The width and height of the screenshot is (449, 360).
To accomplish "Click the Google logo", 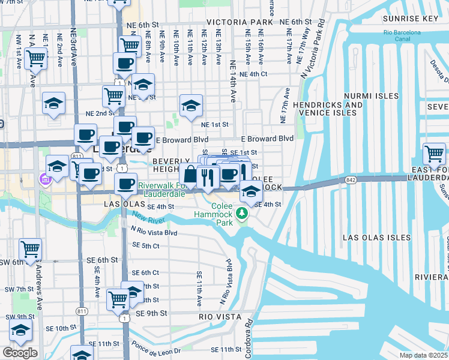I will pyautogui.click(x=20, y=353).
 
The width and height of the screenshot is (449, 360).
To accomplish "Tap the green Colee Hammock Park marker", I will pyautogui.click(x=242, y=213).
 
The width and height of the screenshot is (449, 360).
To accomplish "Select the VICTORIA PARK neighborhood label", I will pyautogui.click(x=240, y=22).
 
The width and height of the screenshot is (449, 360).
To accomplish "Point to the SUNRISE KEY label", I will pyautogui.click(x=414, y=19).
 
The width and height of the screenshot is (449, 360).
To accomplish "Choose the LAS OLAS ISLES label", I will pyautogui.click(x=371, y=238).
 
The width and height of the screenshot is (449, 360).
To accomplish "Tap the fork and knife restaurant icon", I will pyautogui.click(x=207, y=176).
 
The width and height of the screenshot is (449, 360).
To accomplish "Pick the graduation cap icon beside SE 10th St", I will pyautogui.click(x=20, y=331).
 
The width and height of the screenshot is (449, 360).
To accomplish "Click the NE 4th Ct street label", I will pyautogui.click(x=253, y=74).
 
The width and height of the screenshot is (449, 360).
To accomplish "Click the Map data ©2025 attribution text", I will pyautogui.click(x=423, y=355).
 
